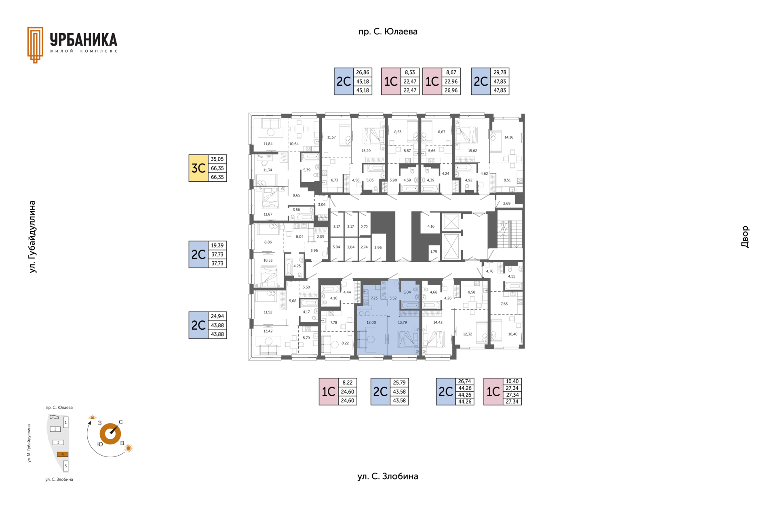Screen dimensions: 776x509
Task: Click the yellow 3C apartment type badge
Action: (x=198, y=168)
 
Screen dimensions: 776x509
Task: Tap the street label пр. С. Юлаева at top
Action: (x=388, y=32)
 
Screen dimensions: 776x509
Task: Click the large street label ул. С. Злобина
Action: (x=388, y=476)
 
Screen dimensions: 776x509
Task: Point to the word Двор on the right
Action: (x=745, y=237)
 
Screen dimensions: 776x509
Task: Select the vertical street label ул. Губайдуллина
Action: (x=32, y=237)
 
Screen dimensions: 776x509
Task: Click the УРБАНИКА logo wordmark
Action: (x=84, y=40)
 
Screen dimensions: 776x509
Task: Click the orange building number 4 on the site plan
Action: (x=63, y=454)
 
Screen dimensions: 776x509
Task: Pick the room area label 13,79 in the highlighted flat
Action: (x=402, y=322)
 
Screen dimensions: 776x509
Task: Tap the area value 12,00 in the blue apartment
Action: (x=371, y=322)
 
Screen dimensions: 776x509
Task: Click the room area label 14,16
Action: (x=508, y=137)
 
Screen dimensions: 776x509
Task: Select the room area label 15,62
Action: (x=472, y=151)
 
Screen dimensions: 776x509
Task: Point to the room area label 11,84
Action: (x=268, y=144)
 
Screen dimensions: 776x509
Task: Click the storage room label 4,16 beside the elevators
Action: (x=431, y=226)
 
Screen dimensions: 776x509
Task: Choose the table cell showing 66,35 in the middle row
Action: (x=217, y=168)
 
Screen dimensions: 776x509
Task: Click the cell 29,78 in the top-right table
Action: (x=500, y=73)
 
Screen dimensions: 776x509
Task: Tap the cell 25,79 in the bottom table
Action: (x=399, y=383)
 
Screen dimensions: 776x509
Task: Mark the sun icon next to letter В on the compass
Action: (x=129, y=448)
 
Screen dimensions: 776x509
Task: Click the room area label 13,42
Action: (x=268, y=331)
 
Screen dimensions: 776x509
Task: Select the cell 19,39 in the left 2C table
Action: (x=217, y=246)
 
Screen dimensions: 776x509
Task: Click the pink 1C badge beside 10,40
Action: (x=493, y=391)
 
